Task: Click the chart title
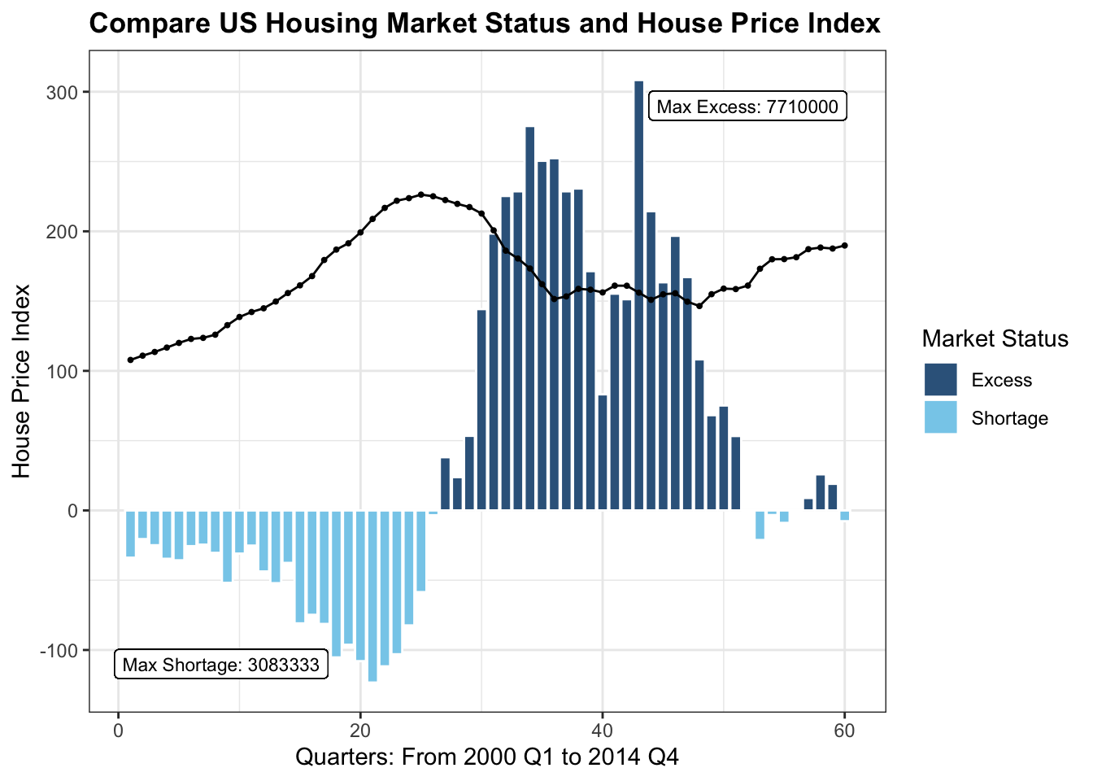pos(485,23)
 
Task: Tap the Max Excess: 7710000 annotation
pos(747,107)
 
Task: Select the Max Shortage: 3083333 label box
pos(221,665)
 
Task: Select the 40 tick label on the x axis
pos(603,731)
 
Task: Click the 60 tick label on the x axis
pos(844,731)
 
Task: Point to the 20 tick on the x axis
pos(360,731)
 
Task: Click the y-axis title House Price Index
pos(21,381)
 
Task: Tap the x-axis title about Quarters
pos(486,757)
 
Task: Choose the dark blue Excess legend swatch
pos(940,380)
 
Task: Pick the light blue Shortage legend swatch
pos(940,417)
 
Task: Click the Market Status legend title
pos(995,338)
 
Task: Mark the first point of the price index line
pos(130,360)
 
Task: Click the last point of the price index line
pos(845,246)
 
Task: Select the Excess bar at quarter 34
pos(529,317)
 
